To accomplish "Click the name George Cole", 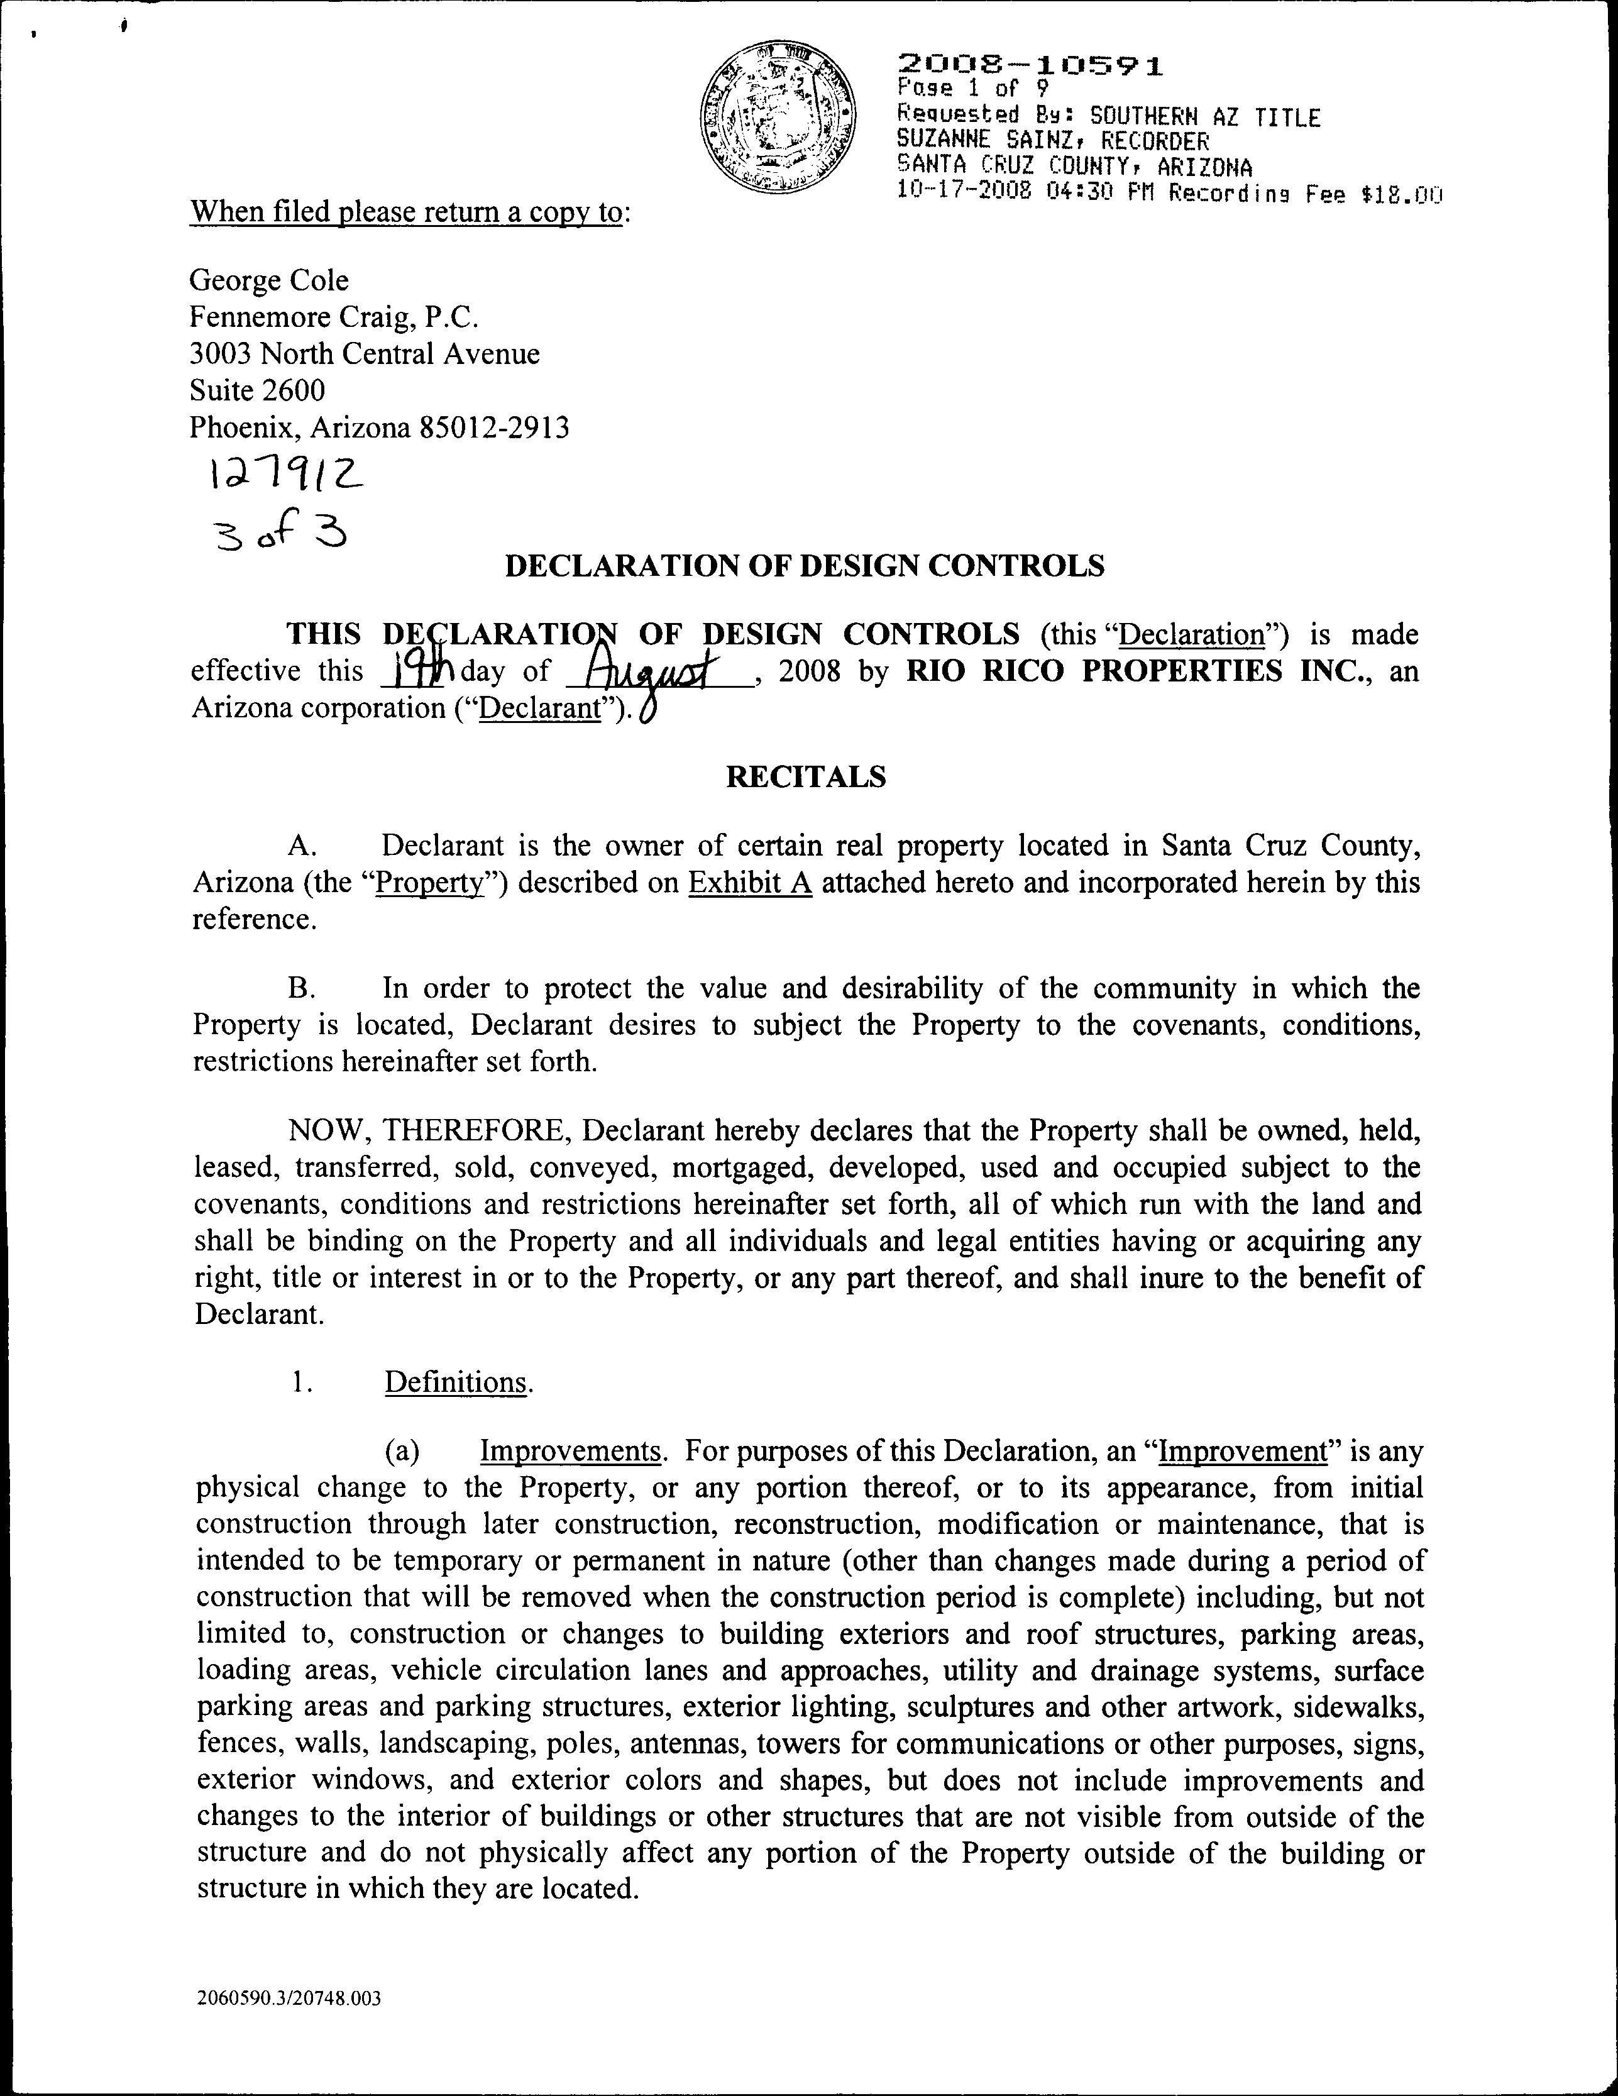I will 268,280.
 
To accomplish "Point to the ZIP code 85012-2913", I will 494,427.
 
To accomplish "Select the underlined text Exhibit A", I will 751,883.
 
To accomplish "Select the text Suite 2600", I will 257,390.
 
